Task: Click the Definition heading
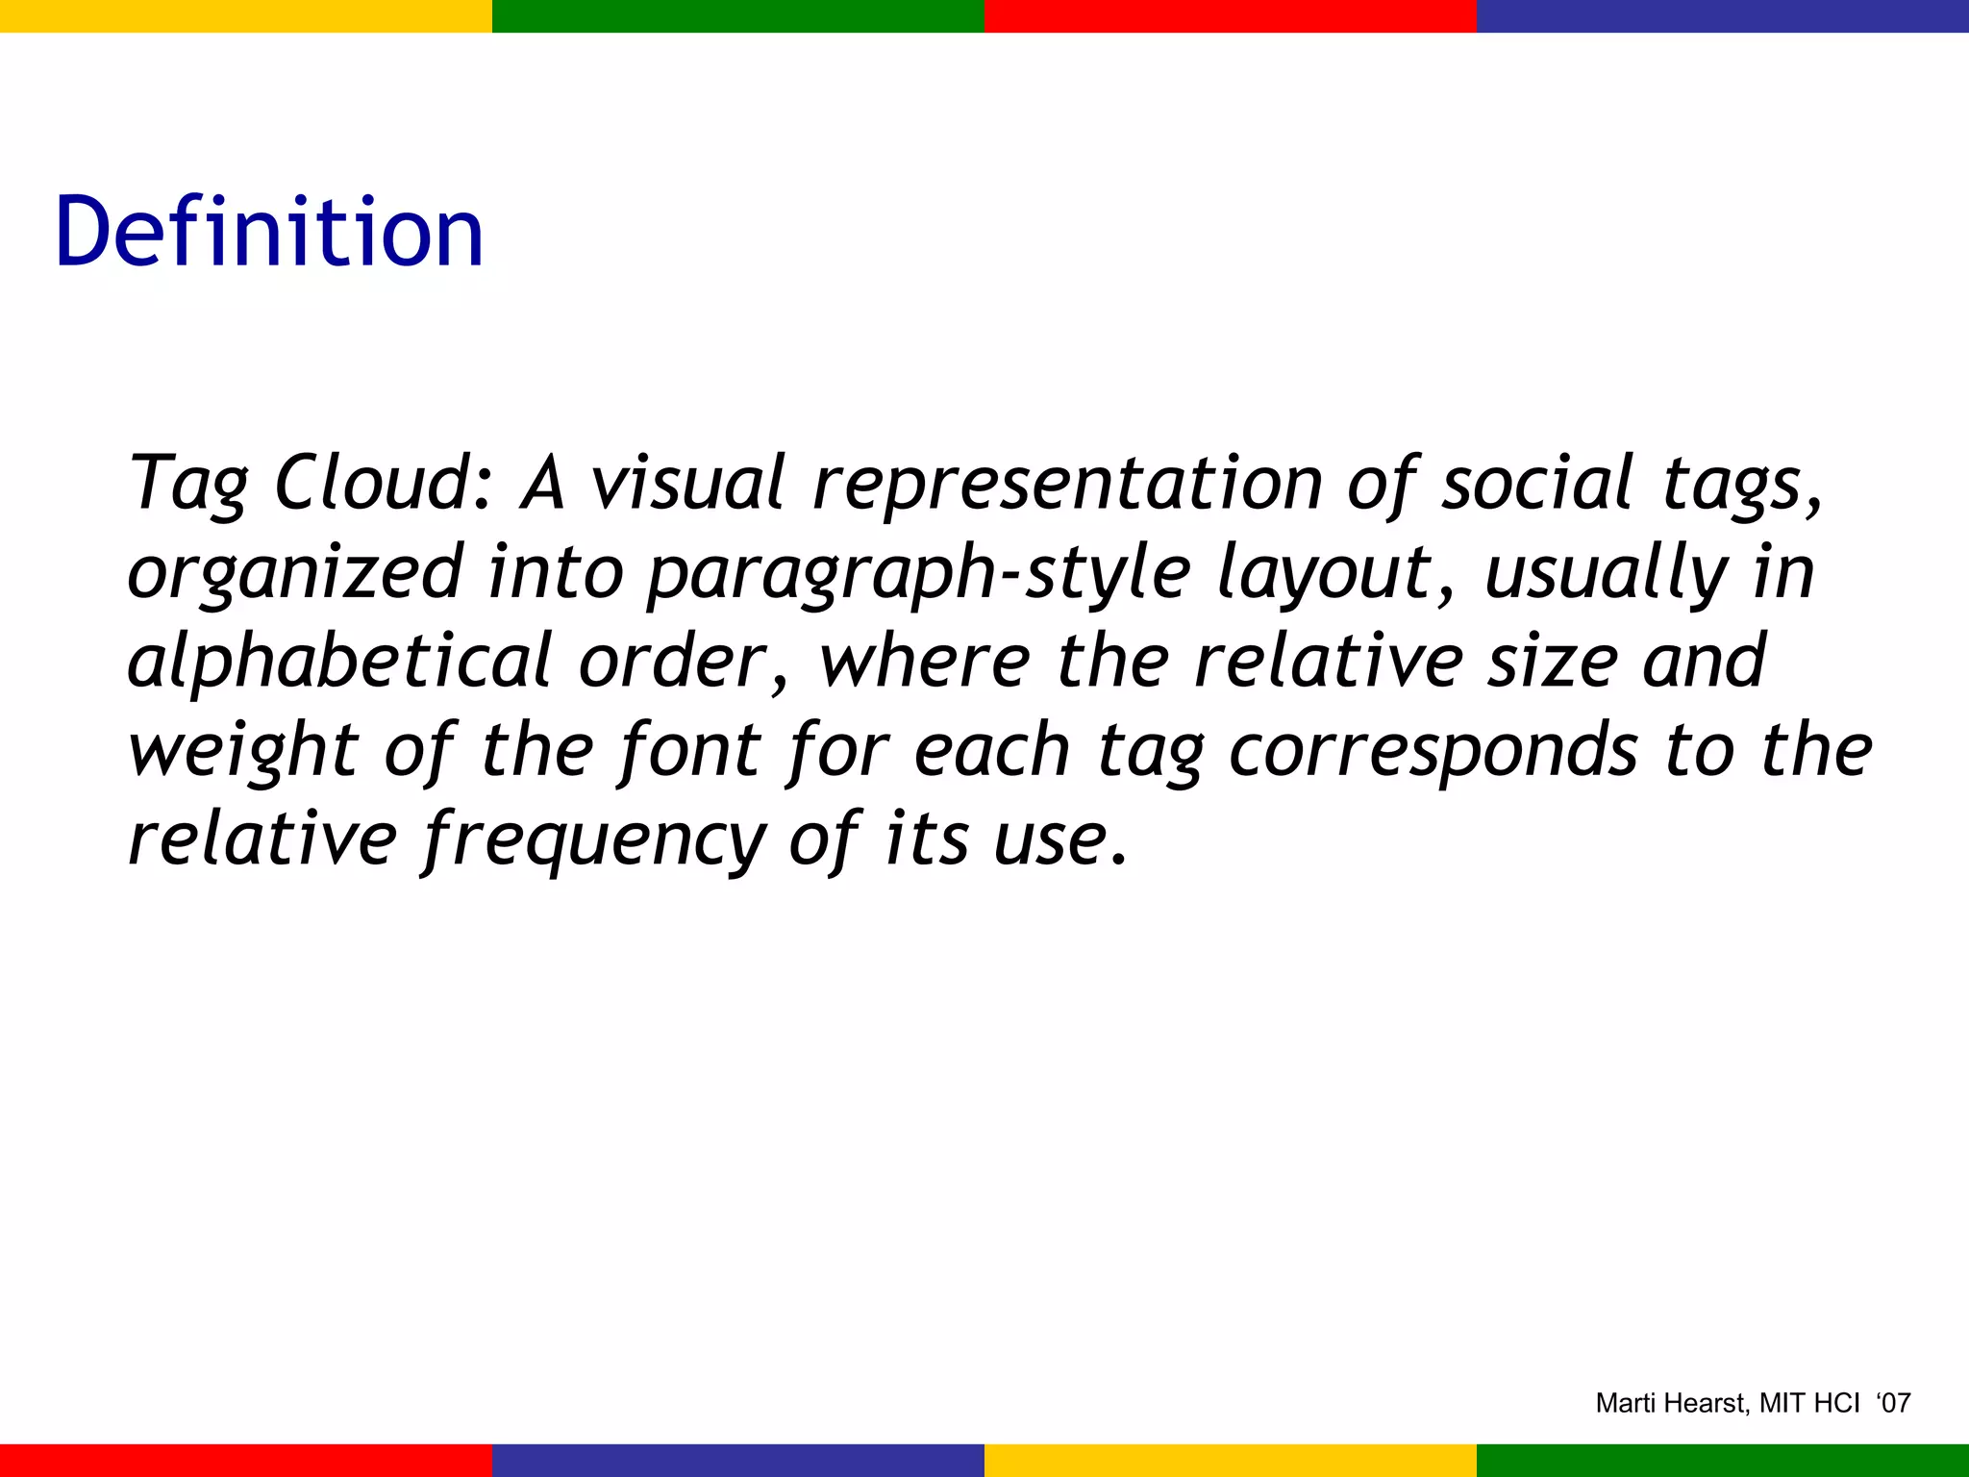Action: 269,233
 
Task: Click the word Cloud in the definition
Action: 383,483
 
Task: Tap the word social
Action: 1536,483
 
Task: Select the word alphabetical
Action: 338,662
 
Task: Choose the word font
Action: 690,750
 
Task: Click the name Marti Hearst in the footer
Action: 1671,1404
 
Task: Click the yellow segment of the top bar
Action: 246,15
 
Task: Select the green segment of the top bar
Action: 738,15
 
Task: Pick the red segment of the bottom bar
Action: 246,1460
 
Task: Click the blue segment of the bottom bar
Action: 738,1460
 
